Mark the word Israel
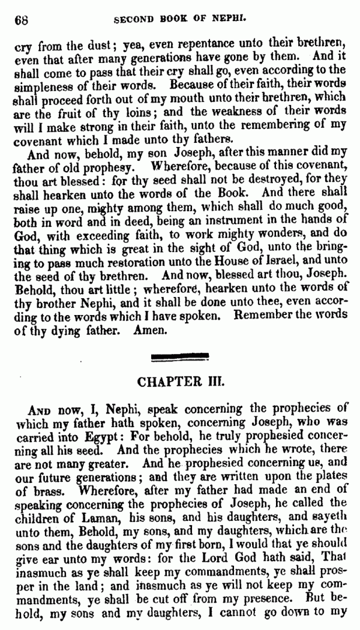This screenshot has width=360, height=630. tap(271, 277)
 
